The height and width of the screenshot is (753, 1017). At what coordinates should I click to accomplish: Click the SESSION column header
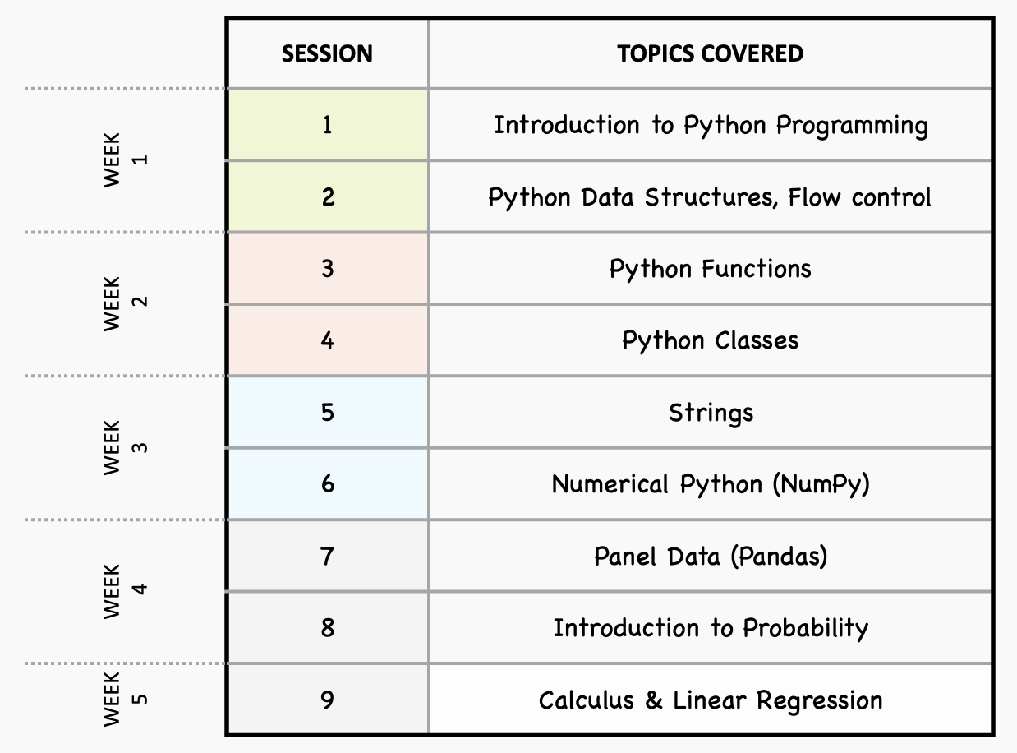(327, 53)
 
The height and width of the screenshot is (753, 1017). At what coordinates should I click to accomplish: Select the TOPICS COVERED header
(711, 53)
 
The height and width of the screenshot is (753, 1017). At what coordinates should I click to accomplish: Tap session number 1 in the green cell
(328, 125)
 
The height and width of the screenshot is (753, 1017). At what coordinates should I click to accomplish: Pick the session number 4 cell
(328, 340)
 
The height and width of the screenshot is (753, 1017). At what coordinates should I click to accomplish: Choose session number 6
(328, 484)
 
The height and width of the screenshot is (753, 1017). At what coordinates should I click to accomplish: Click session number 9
(328, 700)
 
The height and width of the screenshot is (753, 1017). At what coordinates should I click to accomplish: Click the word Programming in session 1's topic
(852, 126)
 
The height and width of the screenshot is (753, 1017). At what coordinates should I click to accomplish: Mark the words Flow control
(860, 197)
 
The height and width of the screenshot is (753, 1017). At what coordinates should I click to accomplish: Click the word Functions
(757, 269)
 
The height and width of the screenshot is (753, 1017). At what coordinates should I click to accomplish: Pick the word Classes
(757, 341)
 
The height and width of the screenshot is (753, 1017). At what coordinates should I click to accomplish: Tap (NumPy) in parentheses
(821, 485)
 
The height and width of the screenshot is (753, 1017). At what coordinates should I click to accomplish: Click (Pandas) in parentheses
(779, 557)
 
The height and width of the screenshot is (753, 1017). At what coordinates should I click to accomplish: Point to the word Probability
(806, 629)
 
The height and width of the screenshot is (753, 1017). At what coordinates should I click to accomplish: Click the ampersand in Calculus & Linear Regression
(653, 700)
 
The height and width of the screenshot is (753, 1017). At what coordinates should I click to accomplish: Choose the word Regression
(819, 701)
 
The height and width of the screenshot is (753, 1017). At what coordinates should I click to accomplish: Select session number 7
(328, 557)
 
